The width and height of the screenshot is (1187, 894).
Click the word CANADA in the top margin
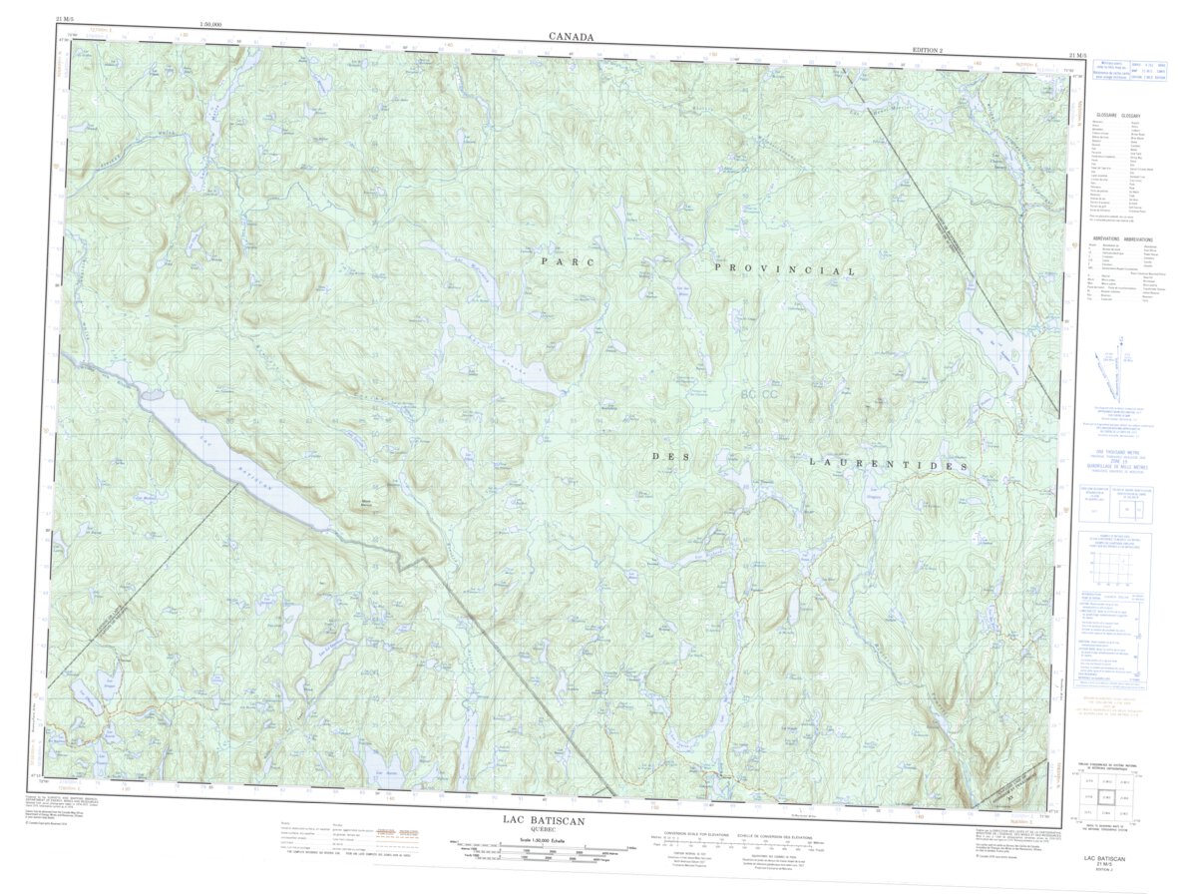click(571, 37)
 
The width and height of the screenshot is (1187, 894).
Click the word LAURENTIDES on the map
click(888, 465)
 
